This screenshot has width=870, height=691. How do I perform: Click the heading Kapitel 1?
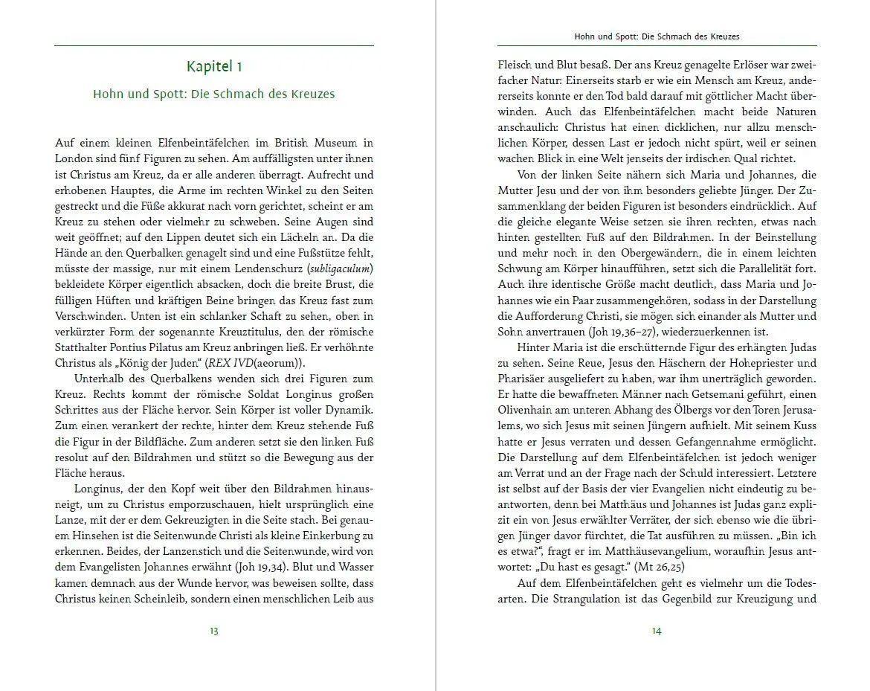click(214, 67)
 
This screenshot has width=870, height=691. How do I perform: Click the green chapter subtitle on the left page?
click(214, 94)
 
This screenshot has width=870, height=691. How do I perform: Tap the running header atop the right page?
click(657, 36)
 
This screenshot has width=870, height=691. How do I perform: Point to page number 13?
click(214, 631)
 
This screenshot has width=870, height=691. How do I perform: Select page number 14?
click(657, 631)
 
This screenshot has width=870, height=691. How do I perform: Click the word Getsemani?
click(698, 394)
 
